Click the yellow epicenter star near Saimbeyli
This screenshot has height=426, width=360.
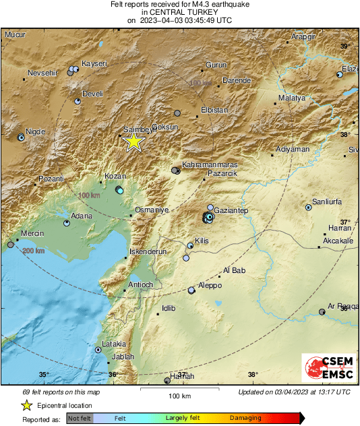point(134,141)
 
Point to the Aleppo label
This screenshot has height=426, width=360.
point(210,285)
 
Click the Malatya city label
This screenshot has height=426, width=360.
point(292,98)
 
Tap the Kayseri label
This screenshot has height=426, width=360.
point(94,63)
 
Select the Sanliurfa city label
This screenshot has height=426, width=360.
point(328,202)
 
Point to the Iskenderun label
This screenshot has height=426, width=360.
point(147,251)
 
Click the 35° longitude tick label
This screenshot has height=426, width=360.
point(44,375)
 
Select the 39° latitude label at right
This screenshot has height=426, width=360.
point(345,46)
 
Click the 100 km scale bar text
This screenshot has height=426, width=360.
point(179,396)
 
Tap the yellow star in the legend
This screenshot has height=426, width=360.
point(26,405)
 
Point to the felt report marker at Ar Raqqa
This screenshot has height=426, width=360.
point(322,312)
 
